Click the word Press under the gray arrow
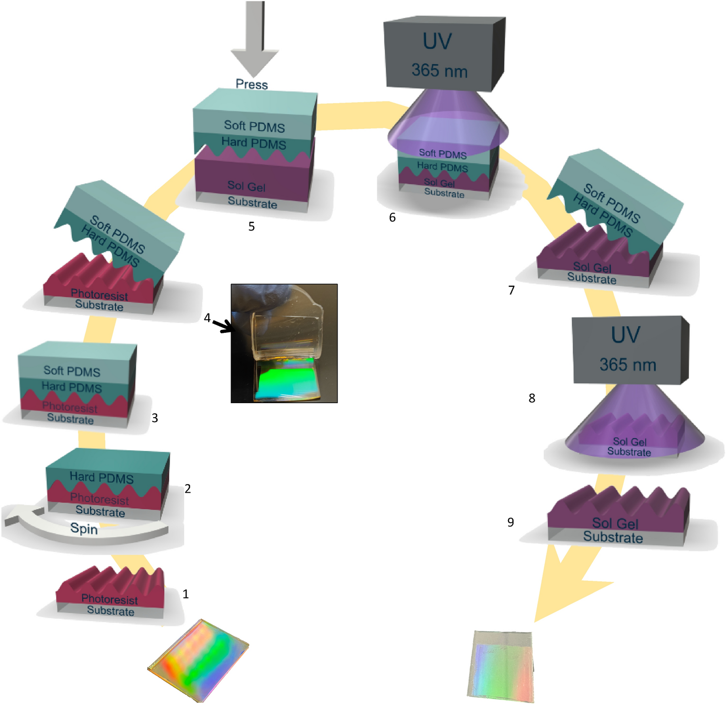[x=251, y=84]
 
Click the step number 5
[x=251, y=226]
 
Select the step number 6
[x=392, y=218]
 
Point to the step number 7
[x=511, y=290]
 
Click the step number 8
[x=532, y=398]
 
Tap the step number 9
[x=510, y=522]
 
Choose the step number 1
[x=185, y=594]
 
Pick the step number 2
[x=187, y=488]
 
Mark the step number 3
[x=154, y=418]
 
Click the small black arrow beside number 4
[x=223, y=327]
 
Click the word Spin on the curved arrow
[x=84, y=528]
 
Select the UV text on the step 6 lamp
[x=437, y=42]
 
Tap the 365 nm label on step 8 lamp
[x=628, y=364]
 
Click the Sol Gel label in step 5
[x=246, y=186]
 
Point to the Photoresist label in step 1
[x=109, y=599]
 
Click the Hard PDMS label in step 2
[x=101, y=478]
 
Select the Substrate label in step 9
[x=613, y=537]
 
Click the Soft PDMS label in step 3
[x=72, y=371]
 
